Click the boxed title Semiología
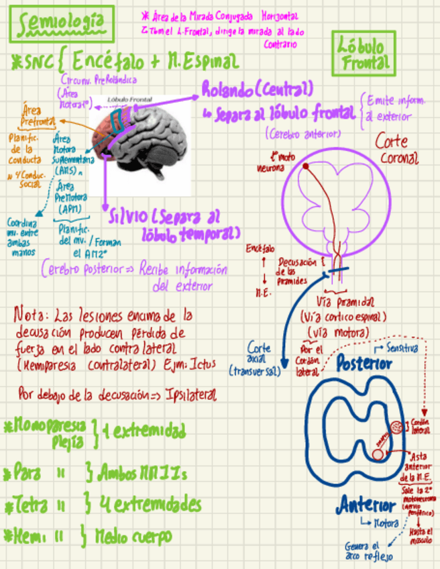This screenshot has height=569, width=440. [x=62, y=25]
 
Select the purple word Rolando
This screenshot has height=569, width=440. [x=228, y=89]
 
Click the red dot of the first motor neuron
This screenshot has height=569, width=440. [x=305, y=165]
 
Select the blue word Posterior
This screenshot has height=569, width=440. [x=364, y=364]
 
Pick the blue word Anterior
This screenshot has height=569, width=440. [x=368, y=505]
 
